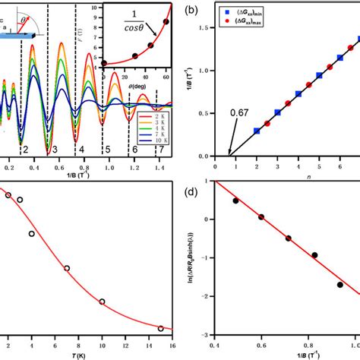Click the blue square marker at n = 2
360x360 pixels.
(257, 131)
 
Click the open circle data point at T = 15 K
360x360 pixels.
(160, 328)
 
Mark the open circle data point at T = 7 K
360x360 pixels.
(67, 268)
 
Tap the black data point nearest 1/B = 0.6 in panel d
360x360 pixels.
(261, 217)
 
